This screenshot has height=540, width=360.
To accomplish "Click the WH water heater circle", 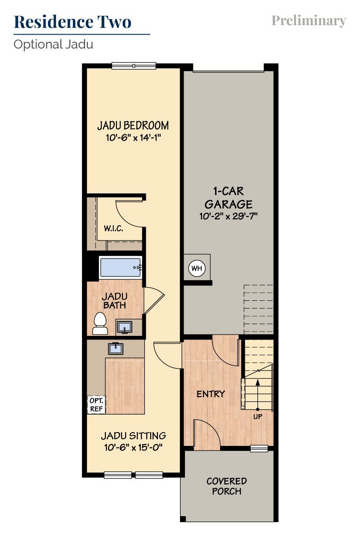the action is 197,268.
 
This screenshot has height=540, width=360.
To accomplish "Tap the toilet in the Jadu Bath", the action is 100,323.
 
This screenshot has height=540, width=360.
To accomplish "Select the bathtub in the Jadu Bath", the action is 120,268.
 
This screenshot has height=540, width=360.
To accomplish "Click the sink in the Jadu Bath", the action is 124,327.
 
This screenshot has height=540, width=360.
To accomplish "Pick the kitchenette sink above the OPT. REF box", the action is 116,348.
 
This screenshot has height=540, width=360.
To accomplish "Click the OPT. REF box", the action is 96,405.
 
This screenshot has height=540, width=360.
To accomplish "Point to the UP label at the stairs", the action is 257,416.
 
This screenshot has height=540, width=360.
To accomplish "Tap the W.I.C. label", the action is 113,228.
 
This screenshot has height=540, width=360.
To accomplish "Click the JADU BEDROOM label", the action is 133,125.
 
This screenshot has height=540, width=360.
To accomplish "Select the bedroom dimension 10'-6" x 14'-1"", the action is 133,138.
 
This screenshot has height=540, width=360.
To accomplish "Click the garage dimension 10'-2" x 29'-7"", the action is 229,216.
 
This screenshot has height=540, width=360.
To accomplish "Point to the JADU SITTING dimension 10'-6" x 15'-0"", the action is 133,447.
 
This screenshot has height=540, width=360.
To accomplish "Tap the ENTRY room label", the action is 211,394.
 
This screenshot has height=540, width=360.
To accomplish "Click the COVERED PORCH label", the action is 226,486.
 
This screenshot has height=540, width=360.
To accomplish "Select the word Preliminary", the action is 309,21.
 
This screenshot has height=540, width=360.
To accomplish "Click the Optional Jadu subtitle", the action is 53,45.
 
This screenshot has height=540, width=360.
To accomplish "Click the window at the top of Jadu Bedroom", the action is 134,66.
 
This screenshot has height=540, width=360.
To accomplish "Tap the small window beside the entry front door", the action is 259,448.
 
